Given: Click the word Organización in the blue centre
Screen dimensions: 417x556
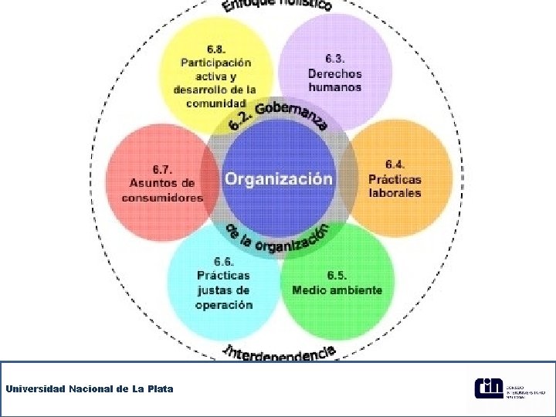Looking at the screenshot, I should point(279,178).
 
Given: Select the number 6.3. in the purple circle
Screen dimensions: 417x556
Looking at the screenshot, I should point(334,59).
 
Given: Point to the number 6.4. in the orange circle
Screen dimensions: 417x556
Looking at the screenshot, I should point(395,164).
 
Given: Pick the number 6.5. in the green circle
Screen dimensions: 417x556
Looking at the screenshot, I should point(337,275).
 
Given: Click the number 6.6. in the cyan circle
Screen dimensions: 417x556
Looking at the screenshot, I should point(224,261).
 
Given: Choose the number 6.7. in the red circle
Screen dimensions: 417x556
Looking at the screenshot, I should point(162,169).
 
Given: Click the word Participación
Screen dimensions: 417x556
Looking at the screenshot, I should point(216,63).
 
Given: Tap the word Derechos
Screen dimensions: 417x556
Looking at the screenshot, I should point(334,73).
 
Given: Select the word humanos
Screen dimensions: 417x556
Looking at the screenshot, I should point(334,87).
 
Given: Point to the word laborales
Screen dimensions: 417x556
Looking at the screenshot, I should point(395,193).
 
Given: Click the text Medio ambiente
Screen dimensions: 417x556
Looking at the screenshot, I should point(337,290).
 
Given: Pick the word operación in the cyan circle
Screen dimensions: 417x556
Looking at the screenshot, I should point(224,305).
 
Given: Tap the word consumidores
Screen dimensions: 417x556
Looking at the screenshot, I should point(162,198).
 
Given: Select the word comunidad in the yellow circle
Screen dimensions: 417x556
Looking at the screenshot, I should point(216,103).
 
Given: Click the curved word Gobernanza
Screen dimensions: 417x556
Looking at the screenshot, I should point(292,115).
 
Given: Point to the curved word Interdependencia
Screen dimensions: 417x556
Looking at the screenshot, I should point(280,353).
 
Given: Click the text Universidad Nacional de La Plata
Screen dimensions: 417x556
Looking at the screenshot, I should point(90,388).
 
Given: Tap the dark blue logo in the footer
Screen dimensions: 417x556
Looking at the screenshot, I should point(488,388).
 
